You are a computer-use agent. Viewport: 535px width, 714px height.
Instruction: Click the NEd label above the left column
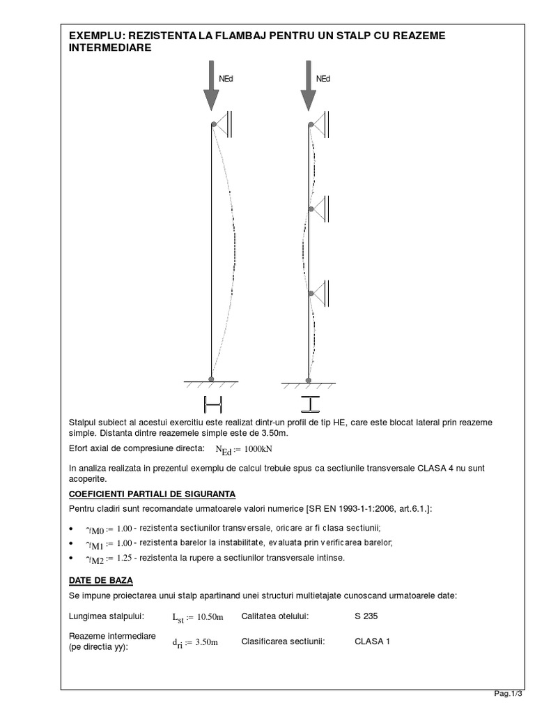point(226,79)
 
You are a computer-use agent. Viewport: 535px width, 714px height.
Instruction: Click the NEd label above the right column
point(323,79)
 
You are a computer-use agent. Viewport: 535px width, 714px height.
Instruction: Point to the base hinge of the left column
point(211,379)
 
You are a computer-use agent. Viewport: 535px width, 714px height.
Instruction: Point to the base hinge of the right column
point(309,379)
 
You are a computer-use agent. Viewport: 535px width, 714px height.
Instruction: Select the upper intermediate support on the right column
point(320,206)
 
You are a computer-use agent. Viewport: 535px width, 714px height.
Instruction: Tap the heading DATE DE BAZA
point(101,580)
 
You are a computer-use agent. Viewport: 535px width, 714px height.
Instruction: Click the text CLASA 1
point(372,641)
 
